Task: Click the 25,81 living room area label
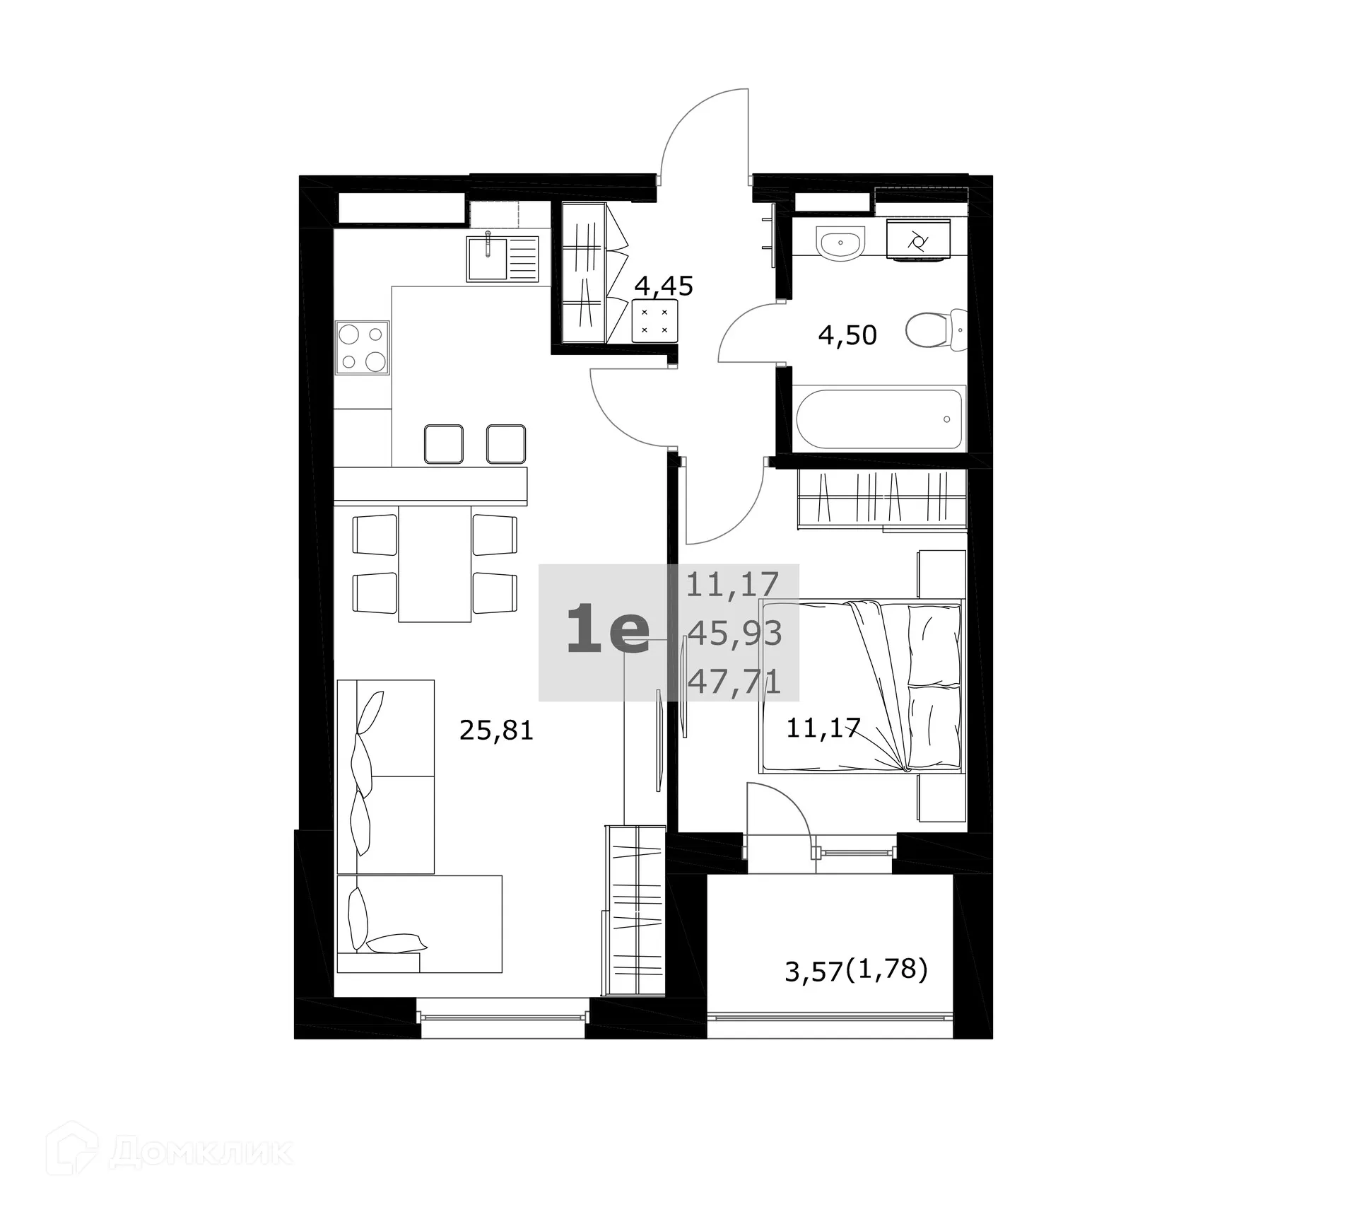pos(496,730)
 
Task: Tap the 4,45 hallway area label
pos(664,286)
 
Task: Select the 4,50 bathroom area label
pos(847,334)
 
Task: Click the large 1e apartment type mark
pos(608,633)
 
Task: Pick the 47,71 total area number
pos(734,682)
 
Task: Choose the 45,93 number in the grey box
pos(735,634)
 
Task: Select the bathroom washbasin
pos(840,244)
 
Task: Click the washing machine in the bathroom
pos(918,240)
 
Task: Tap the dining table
pos(435,564)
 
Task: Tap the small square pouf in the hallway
pos(654,321)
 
